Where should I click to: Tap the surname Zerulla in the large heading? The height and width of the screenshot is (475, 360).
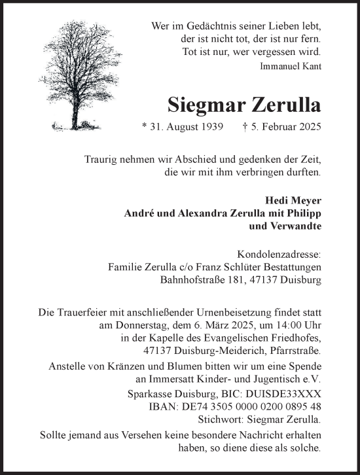(283, 103)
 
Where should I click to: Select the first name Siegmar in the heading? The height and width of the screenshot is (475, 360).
(204, 103)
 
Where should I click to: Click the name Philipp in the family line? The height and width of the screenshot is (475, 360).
(305, 213)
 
